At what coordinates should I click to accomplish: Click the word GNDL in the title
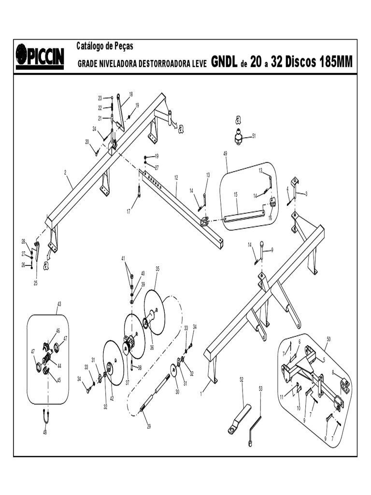pyautogui.click(x=224, y=62)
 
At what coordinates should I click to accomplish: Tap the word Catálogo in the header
pyautogui.click(x=93, y=46)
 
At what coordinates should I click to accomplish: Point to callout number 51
pyautogui.click(x=254, y=136)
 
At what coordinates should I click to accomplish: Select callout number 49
pyautogui.click(x=225, y=154)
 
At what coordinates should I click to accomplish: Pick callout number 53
pyautogui.click(x=260, y=388)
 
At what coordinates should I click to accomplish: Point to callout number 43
pyautogui.click(x=59, y=304)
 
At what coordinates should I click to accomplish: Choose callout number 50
pyautogui.click(x=328, y=339)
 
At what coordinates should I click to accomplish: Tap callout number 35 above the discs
pyautogui.click(x=157, y=268)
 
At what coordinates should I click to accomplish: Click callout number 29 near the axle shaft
pyautogui.click(x=149, y=427)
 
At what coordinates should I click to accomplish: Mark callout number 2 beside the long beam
pyautogui.click(x=65, y=172)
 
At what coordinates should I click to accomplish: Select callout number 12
pyautogui.click(x=176, y=178)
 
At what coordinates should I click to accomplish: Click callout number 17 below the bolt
pyautogui.click(x=129, y=211)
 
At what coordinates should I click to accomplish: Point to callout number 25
pyautogui.click(x=35, y=283)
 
